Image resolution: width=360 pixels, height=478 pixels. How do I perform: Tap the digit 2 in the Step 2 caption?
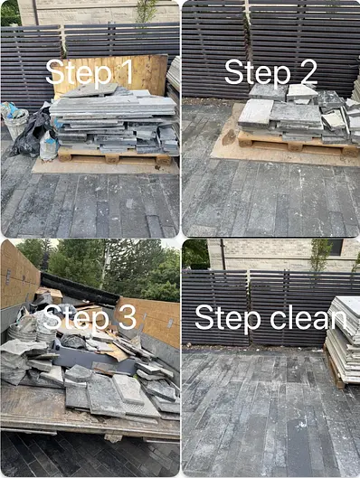tap(306, 72)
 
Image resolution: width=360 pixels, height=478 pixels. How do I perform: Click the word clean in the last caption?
tap(308, 317)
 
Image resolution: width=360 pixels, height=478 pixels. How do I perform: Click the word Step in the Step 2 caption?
tap(257, 73)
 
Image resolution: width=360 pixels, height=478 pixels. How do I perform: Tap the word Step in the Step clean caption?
tap(228, 320)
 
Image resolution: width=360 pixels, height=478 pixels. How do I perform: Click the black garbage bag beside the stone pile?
tap(33, 130)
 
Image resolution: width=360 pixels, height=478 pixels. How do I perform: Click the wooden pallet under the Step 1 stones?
tap(115, 156)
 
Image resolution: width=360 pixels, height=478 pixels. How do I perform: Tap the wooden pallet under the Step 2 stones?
tap(298, 145)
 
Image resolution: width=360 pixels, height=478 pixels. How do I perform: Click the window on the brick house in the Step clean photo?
tap(336, 247)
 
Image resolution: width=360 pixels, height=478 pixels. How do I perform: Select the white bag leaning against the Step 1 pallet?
tap(49, 145)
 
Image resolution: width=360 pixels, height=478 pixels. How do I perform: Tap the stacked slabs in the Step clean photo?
tap(342, 339)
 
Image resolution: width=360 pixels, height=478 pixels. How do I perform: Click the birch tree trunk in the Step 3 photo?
tap(104, 265)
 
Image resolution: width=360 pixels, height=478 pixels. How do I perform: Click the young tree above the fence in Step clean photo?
tap(320, 255)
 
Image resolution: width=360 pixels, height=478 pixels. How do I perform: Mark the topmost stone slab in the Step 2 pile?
tap(301, 91)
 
